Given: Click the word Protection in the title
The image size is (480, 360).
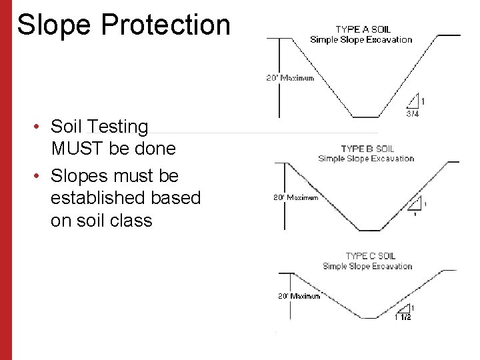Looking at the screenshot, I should pos(166,25).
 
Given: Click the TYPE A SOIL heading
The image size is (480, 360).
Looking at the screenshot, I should pos(363,29).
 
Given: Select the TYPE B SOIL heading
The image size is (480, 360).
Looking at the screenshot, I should pos(367,149).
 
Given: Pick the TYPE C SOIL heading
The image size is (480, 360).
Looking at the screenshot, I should pos(370,256).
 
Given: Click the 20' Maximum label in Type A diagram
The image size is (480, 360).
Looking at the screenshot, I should pos(290,78).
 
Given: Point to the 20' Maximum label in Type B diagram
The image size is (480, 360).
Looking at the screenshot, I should pos(296,197).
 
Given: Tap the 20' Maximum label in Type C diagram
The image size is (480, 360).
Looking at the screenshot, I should pos(299,295).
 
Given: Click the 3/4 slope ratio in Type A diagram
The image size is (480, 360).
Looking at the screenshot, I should pos(413,114).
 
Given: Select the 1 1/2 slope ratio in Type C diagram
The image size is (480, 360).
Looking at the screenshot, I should pos(404,318).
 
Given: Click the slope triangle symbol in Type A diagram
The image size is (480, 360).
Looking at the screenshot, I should pos(415,101).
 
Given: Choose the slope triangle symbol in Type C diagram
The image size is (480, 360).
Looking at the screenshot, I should pos(405,308).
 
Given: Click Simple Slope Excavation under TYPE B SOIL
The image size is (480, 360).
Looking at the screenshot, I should pos(366,159).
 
